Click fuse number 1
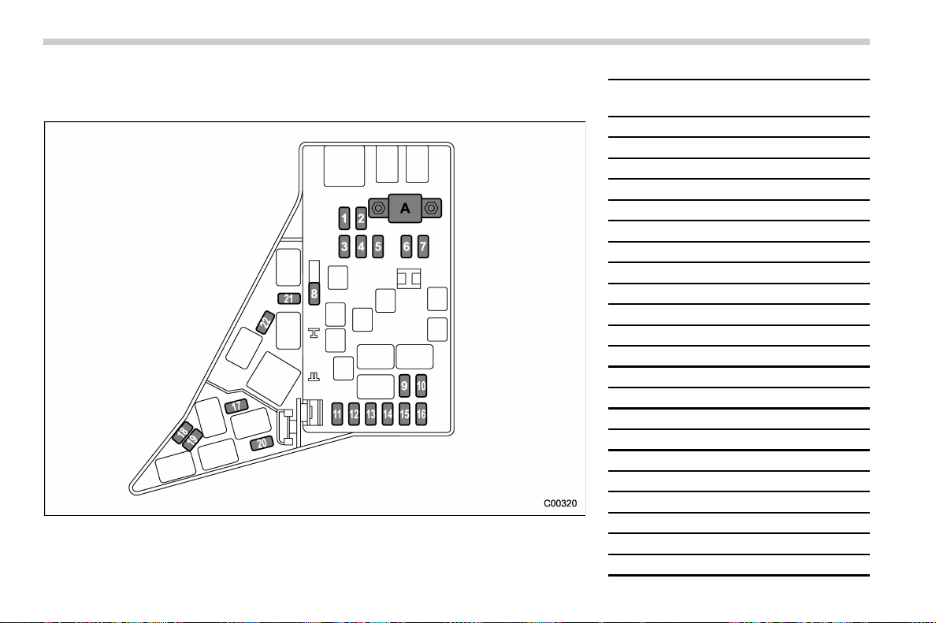point(344,218)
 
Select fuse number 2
point(361,218)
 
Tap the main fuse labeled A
point(405,208)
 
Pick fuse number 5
point(377,247)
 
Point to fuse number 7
point(422,247)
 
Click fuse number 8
point(314,294)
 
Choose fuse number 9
point(404,385)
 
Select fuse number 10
point(421,385)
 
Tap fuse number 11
point(337,414)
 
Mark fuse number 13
point(371,414)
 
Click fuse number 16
point(421,414)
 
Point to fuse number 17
point(236,406)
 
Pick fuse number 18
point(182,432)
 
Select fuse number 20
point(262,443)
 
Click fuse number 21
point(289,299)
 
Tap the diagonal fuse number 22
point(266,322)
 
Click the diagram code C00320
point(560,503)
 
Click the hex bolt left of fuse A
point(378,208)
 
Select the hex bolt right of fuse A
point(431,208)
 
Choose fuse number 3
point(344,247)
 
